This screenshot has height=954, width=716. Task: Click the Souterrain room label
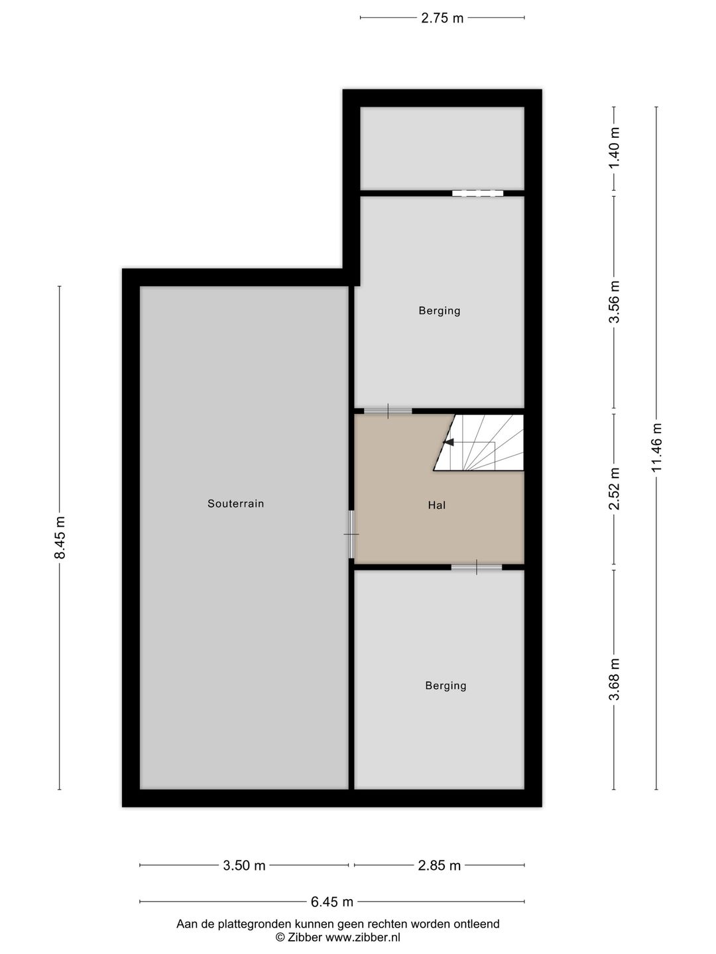click(235, 503)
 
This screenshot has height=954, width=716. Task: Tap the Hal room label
click(436, 505)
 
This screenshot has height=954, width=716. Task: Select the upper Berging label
click(439, 311)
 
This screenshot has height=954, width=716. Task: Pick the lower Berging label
click(446, 686)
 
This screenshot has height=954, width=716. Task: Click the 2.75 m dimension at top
click(442, 19)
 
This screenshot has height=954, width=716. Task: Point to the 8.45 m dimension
click(60, 537)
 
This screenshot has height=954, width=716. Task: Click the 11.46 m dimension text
click(656, 448)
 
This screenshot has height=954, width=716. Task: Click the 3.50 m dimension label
click(244, 865)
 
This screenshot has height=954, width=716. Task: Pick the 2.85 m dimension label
click(439, 865)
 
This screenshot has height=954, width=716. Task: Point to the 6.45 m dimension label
click(331, 902)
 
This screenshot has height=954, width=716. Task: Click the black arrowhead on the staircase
click(448, 442)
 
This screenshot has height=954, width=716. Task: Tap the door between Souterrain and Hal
click(351, 534)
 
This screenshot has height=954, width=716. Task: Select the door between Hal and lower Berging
click(477, 567)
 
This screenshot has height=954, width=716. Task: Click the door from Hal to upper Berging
click(388, 411)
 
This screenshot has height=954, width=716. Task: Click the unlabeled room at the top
click(442, 148)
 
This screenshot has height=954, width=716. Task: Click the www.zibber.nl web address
click(363, 937)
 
